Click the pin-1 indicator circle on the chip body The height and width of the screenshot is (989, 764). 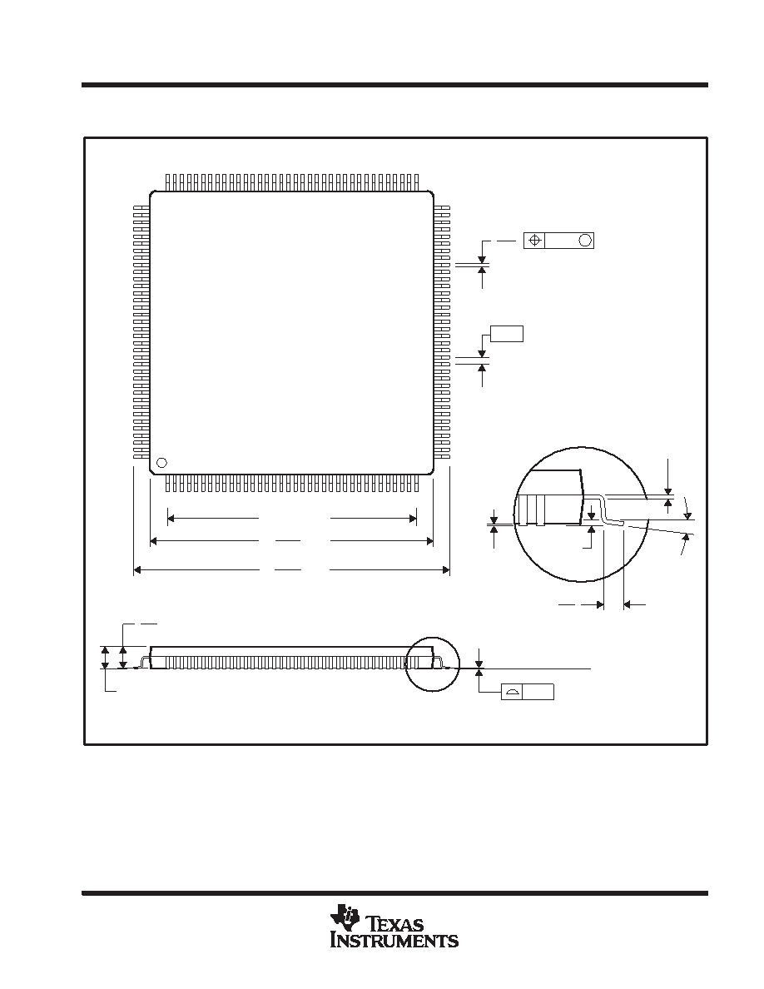[161, 463]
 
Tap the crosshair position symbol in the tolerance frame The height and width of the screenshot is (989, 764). [534, 241]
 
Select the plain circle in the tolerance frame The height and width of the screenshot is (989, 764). [585, 241]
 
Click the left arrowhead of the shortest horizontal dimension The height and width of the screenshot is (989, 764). [171, 519]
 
